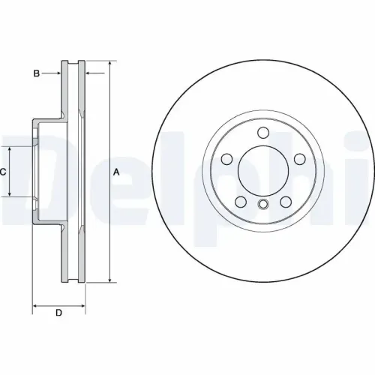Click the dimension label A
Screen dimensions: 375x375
[116, 172]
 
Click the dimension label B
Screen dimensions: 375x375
[35, 73]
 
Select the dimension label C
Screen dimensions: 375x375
[4, 172]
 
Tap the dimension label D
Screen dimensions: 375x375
[58, 313]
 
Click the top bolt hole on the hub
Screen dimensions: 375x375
[262, 133]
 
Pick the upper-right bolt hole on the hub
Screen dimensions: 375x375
[298, 159]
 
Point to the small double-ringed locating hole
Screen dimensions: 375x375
[262, 205]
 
